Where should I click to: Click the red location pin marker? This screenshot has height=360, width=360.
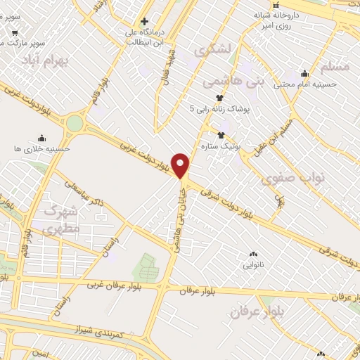181,165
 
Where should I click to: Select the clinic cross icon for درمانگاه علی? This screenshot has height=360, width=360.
145,22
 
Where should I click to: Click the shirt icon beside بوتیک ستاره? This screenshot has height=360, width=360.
221,135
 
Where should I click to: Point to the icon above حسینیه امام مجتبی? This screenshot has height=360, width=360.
304,73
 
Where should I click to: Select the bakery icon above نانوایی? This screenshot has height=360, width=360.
253,255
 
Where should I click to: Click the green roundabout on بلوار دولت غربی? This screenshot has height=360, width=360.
75,124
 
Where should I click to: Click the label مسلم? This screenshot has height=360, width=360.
334,65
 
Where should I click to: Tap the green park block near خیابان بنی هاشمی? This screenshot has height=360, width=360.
146,267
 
